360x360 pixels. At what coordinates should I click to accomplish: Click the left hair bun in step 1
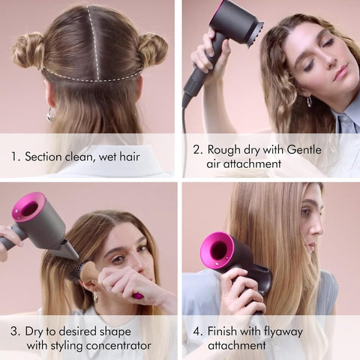click(29, 50)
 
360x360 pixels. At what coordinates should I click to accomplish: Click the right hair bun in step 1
click(152, 49)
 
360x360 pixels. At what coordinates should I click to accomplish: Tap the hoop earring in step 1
click(50, 114)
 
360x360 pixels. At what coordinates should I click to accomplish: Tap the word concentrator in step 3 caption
click(116, 346)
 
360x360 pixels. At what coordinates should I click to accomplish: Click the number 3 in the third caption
click(14, 331)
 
